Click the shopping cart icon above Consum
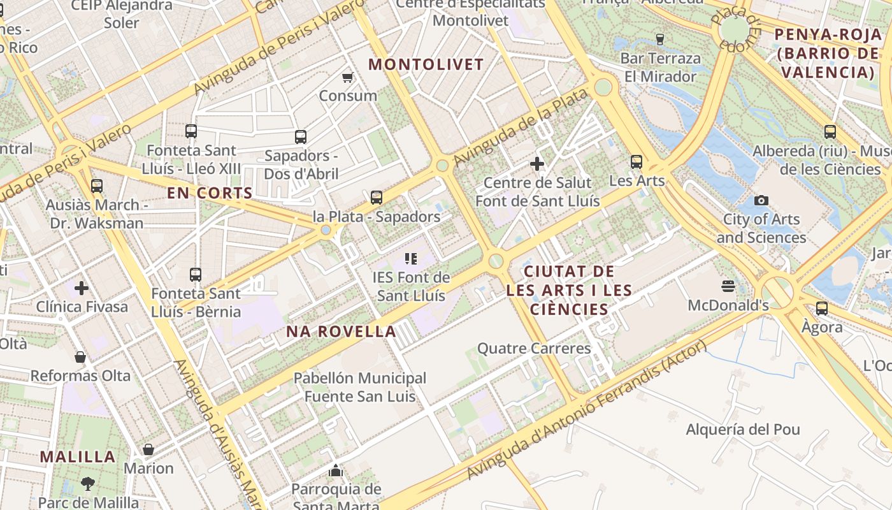347,77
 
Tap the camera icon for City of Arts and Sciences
761,200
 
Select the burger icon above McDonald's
728,286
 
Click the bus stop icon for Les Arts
636,162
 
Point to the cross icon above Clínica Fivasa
82,288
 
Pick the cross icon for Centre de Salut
537,164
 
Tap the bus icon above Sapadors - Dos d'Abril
301,137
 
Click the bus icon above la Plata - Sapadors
377,198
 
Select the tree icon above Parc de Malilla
88,484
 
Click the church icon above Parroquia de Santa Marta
336,471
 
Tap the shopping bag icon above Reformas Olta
80,357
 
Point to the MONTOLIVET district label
426,64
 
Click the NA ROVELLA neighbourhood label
342,331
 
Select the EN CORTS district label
210,193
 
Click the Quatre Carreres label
534,349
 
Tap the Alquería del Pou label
743,430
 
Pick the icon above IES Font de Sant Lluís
411,258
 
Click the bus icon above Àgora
822,309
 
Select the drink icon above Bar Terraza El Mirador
660,40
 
